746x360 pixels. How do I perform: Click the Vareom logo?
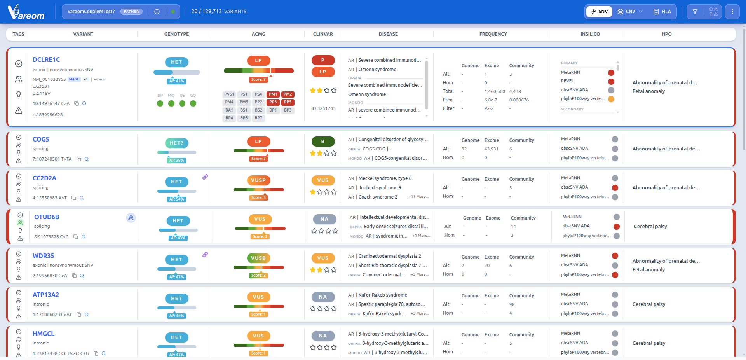click(26, 12)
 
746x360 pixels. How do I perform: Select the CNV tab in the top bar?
click(630, 12)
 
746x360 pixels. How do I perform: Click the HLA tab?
click(662, 12)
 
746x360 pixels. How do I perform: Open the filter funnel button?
click(695, 12)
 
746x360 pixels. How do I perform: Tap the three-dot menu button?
click(732, 12)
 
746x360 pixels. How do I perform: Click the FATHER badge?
click(131, 12)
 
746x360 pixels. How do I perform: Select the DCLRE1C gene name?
click(46, 59)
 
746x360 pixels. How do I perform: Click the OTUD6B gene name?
click(47, 217)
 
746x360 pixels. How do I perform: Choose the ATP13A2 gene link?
click(46, 295)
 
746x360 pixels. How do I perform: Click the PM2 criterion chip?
click(288, 94)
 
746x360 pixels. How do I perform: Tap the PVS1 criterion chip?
click(229, 94)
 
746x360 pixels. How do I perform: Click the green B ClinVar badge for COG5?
click(323, 142)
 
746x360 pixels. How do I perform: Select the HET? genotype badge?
click(176, 143)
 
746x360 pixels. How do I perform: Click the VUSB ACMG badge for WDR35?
click(258, 258)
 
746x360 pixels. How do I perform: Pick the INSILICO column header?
click(590, 34)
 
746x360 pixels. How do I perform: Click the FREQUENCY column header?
click(493, 34)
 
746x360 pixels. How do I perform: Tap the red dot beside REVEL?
click(611, 82)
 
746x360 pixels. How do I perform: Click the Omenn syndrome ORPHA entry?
click(367, 94)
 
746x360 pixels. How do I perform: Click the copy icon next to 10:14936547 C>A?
click(77, 103)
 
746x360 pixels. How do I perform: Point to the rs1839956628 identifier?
click(48, 115)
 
